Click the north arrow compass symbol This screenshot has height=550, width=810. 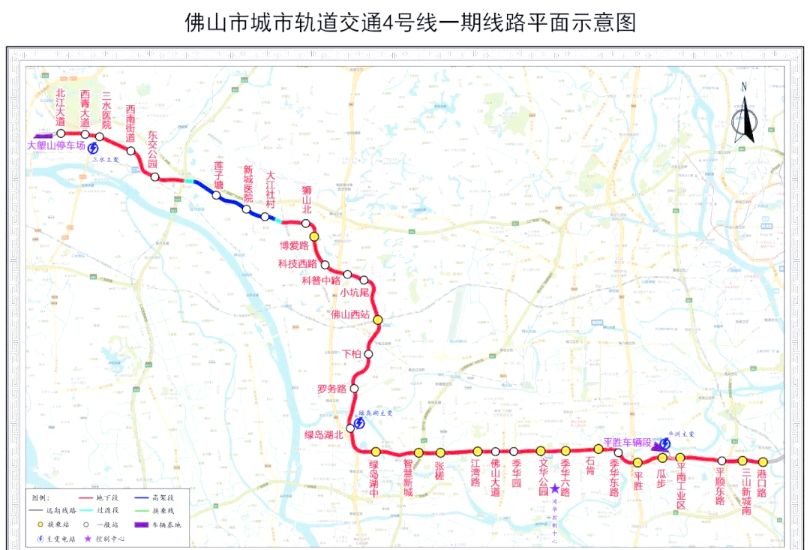coord(744,113)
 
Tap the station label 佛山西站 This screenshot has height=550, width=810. coord(349,314)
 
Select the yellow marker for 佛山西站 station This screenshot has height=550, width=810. coord(378,320)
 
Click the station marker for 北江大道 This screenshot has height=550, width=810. coord(61,134)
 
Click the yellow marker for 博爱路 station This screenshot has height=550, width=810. coord(314,236)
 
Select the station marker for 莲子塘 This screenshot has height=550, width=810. coord(216,195)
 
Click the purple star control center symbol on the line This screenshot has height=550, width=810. coord(554,488)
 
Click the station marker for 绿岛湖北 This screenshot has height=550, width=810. coord(350,428)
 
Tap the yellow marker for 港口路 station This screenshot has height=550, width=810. coord(763,462)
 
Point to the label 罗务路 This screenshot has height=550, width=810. coord(331,389)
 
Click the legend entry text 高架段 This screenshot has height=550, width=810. coord(163,497)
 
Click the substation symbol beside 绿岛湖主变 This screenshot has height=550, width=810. coord(360,423)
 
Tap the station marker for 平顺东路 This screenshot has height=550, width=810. coord(721,461)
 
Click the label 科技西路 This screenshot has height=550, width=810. coord(298,263)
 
